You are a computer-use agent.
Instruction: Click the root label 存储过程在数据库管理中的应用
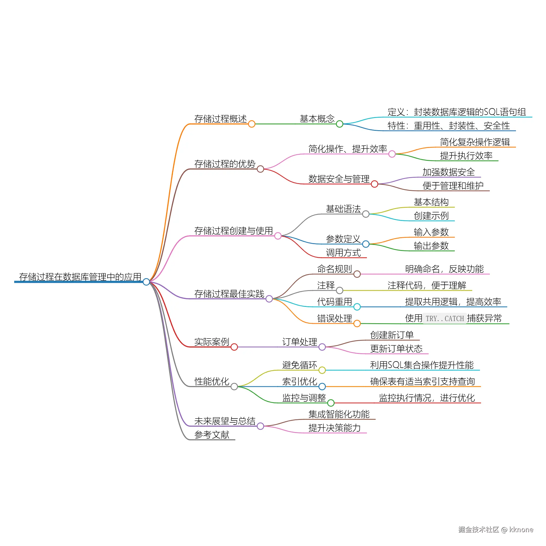click(x=80, y=277)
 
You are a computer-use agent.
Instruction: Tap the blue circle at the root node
click(x=146, y=282)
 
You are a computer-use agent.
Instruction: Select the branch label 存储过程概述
click(x=220, y=119)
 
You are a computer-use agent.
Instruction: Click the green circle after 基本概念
click(x=339, y=124)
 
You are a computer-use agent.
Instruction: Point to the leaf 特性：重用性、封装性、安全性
click(x=449, y=126)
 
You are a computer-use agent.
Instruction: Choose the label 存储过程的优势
click(x=225, y=164)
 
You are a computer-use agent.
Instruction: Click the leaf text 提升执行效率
click(x=466, y=155)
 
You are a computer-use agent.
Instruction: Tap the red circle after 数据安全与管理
click(x=375, y=184)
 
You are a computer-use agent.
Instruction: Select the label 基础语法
click(x=343, y=209)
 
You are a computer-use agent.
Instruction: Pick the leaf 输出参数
click(x=431, y=246)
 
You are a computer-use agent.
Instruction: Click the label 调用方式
click(x=343, y=252)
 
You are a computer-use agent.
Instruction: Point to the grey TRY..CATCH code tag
click(x=444, y=319)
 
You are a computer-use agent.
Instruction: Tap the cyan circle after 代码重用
click(x=357, y=307)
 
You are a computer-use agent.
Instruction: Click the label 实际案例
click(x=212, y=342)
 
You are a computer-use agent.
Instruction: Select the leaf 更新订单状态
click(x=396, y=348)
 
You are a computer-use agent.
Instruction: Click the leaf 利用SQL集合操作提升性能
click(x=422, y=365)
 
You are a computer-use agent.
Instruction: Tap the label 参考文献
click(x=212, y=434)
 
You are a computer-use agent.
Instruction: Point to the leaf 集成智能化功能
click(x=339, y=414)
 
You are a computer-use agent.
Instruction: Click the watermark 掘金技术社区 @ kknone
click(x=496, y=529)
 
